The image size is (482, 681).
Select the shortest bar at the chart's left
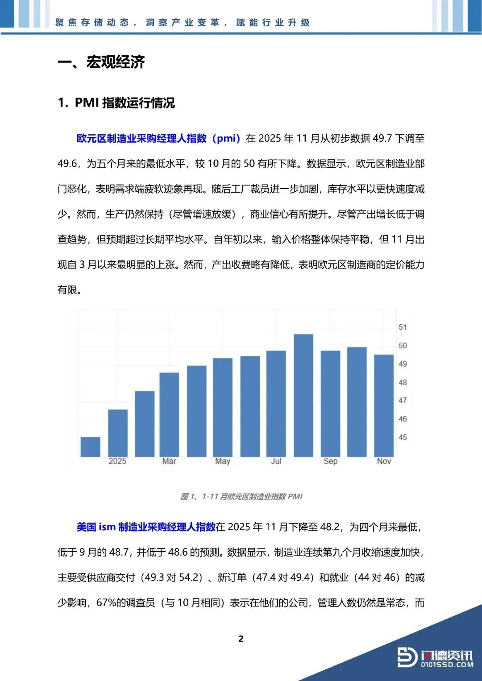tap(90, 447)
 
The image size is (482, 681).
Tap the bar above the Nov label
tap(384, 405)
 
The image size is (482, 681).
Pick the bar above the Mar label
tap(169, 414)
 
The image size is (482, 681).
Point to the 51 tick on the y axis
tap(403, 327)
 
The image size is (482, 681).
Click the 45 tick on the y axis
tap(403, 437)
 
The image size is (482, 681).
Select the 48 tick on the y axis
tap(403, 383)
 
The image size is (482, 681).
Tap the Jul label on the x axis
tap(276, 461)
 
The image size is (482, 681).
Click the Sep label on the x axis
tap(330, 461)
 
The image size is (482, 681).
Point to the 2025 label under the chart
tap(117, 461)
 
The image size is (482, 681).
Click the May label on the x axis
tap(223, 461)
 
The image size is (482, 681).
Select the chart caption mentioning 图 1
tap(241, 496)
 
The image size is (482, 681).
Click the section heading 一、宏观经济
tap(101, 62)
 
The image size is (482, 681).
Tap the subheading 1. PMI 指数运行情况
tap(116, 103)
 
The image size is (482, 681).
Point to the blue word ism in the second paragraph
tap(107, 527)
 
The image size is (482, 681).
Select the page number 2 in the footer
tap(241, 639)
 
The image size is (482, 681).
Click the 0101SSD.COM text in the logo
tap(447, 665)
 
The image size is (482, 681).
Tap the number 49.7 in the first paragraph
tap(382, 139)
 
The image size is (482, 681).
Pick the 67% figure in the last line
tap(106, 603)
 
